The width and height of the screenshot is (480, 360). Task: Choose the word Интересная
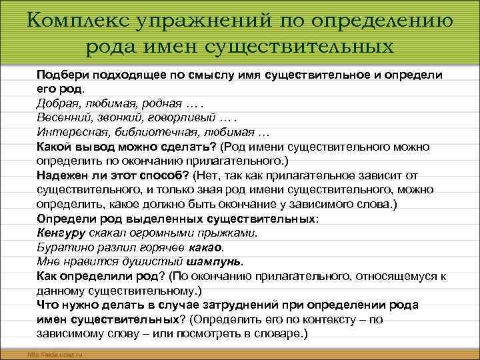pyautogui.click(x=73, y=131)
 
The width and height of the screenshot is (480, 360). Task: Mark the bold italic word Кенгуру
pyautogui.click(x=63, y=233)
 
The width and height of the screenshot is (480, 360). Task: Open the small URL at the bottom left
pyautogui.click(x=53, y=353)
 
